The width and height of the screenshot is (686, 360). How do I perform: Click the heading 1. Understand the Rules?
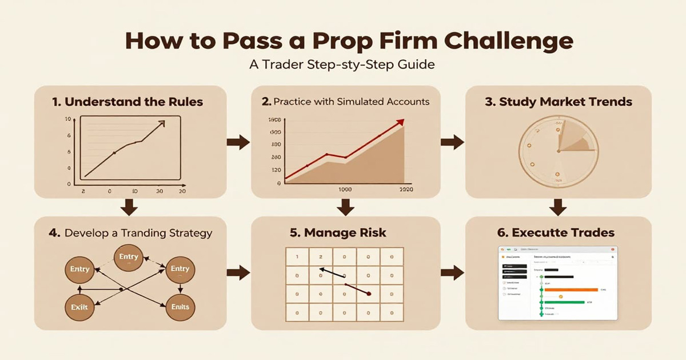[127, 102]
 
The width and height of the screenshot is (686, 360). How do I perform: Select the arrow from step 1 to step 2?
[238, 142]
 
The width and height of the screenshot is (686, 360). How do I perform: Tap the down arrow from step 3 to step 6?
[558, 207]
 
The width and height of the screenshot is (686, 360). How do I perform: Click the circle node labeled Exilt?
[79, 307]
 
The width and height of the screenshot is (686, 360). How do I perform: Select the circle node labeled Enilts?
[180, 307]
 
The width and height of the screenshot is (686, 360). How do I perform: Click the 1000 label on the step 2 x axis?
[345, 190]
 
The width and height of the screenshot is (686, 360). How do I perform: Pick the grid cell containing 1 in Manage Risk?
[297, 258]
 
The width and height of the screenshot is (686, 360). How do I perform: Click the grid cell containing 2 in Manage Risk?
[321, 258]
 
